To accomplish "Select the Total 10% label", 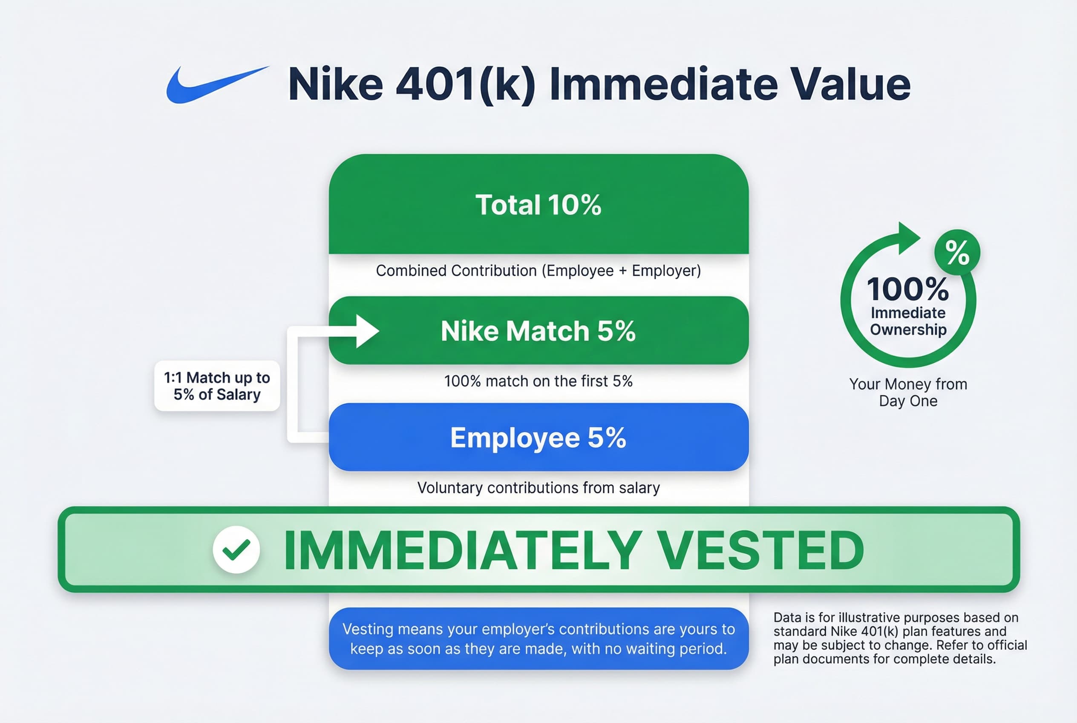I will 538,205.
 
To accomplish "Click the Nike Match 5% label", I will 538,331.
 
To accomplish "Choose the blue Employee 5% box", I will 538,437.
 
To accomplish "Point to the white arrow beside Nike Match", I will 366,331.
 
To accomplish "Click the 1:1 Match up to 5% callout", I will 217,386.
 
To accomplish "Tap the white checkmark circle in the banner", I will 236,549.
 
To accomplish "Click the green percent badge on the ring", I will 957,252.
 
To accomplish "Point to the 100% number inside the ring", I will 908,289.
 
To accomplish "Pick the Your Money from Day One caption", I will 908,392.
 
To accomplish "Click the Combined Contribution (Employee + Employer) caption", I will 538,271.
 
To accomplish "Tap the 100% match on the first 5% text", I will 538,382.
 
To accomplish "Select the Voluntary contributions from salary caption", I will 538,488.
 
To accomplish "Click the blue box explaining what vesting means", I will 538,639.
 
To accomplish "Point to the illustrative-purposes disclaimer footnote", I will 900,638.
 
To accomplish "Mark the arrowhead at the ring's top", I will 908,238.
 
